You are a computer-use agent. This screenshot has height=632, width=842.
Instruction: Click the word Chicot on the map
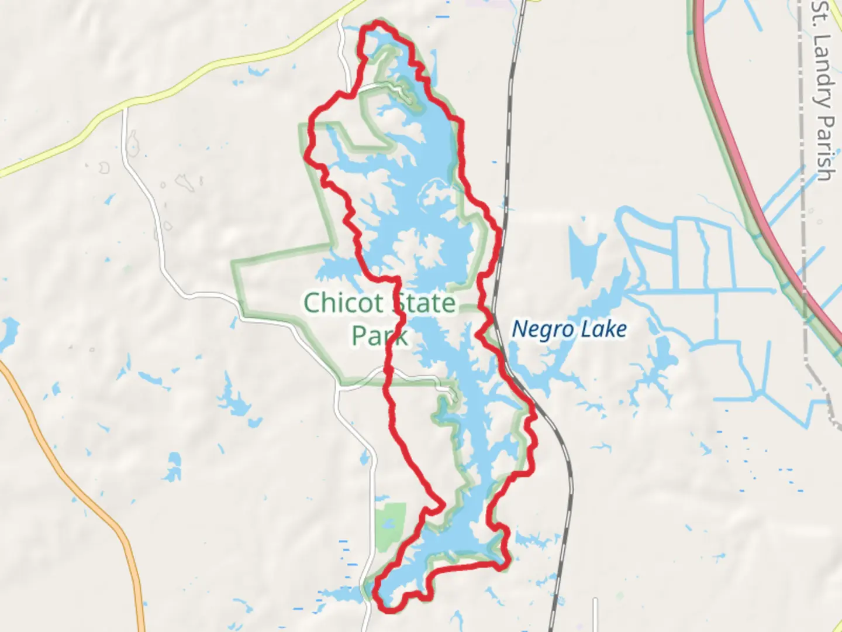(344, 303)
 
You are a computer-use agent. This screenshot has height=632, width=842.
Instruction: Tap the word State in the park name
(425, 303)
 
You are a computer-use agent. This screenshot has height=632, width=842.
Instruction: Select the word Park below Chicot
(379, 336)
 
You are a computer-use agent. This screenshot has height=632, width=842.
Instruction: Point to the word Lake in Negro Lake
(604, 329)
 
